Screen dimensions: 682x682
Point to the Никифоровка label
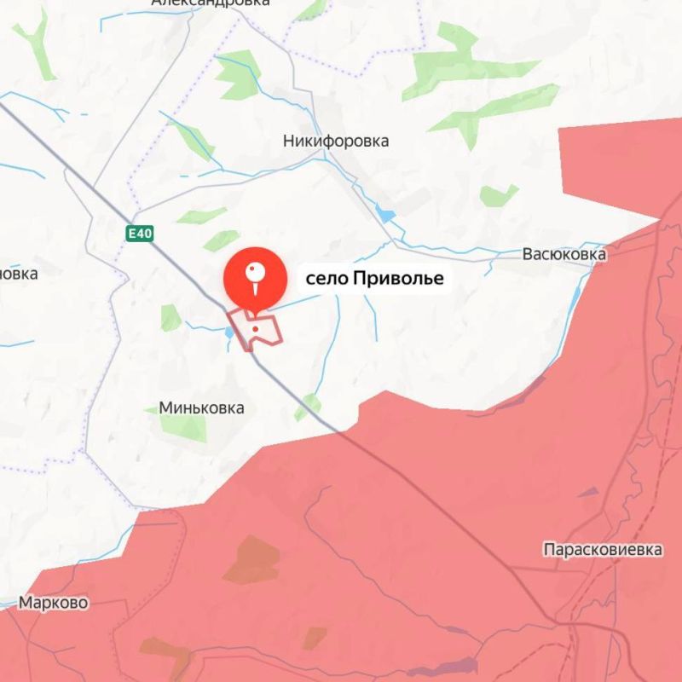[x=336, y=141]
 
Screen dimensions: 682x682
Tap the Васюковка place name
[x=564, y=254]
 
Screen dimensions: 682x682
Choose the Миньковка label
[x=201, y=407]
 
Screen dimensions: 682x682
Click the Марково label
[x=53, y=603]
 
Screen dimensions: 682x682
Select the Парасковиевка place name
[x=602, y=550]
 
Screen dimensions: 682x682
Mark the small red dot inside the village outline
[x=255, y=328]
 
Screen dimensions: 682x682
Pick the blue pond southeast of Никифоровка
[x=386, y=213]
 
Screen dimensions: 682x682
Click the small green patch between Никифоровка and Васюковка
[x=498, y=196]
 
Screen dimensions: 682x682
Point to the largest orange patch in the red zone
[x=252, y=559]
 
